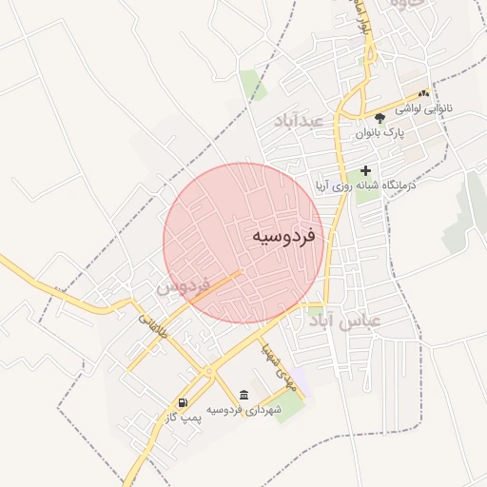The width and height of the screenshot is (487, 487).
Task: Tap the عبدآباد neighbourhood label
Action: coord(299,121)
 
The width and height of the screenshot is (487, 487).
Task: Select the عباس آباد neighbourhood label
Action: coord(344,321)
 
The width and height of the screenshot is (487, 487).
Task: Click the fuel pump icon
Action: coord(183,403)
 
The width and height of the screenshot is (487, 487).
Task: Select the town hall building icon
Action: coord(244,395)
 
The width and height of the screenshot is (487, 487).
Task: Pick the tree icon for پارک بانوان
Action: coord(380,118)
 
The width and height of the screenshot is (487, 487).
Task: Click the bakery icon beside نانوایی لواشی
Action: coord(423,94)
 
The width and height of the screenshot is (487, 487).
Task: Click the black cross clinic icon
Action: coord(365,169)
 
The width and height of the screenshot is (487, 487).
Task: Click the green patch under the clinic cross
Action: coord(362,186)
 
